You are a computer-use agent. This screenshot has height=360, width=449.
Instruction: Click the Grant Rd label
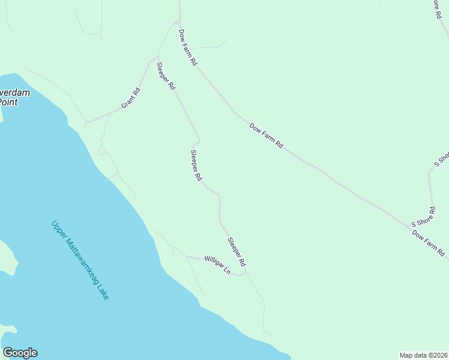131,98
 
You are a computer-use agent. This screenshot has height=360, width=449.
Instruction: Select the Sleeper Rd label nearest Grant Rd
166,76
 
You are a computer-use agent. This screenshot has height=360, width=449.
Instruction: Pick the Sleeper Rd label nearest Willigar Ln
237,253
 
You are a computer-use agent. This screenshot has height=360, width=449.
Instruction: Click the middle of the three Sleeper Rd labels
196,165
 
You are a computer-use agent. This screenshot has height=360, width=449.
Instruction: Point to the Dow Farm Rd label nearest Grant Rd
187,47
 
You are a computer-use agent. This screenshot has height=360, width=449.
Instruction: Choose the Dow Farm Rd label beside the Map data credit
429,243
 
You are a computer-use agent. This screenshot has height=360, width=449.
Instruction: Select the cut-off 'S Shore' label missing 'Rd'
441,160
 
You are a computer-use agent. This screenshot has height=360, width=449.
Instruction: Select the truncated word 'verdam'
14,93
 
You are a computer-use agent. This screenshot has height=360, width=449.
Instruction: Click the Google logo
20,353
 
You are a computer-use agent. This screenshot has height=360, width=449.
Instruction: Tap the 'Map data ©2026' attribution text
424,355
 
